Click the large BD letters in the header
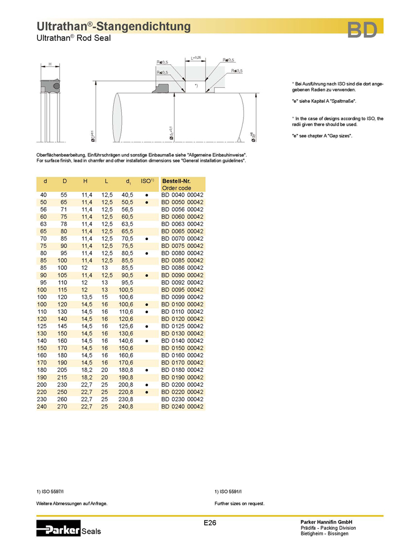coord(361,30)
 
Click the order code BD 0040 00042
coord(182,195)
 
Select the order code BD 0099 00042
coord(182,297)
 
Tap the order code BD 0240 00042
coord(182,407)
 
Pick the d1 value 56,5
coord(127,209)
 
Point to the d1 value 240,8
coord(126,407)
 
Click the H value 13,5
coord(87,297)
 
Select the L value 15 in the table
coord(105,297)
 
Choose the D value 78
coord(65,224)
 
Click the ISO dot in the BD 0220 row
coord(146,392)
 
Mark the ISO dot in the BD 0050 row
coord(146,202)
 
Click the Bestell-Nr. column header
coord(176,181)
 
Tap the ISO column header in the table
coord(147,181)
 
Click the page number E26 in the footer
coord(209,522)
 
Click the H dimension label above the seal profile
coord(50,64)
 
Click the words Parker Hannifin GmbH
coord(327,521)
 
